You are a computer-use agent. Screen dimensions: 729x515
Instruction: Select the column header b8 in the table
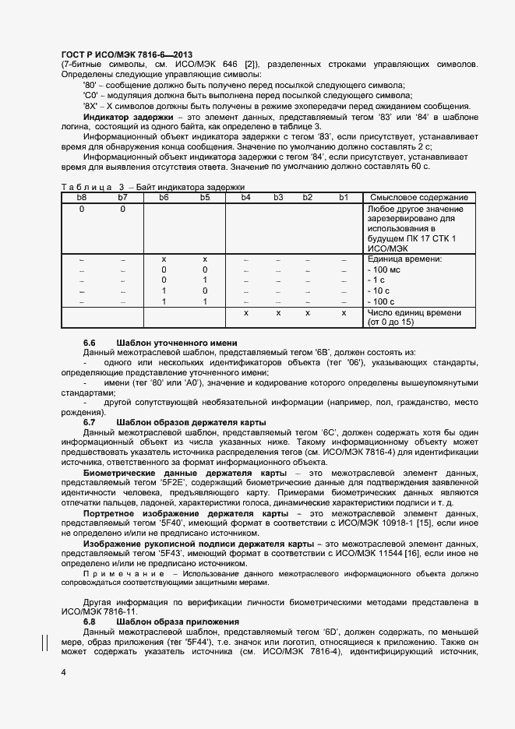point(82,198)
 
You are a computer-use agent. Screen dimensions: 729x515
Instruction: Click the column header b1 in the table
point(343,198)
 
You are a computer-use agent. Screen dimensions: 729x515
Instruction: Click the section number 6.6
point(90,343)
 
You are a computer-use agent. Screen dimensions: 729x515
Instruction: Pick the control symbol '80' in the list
point(90,84)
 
